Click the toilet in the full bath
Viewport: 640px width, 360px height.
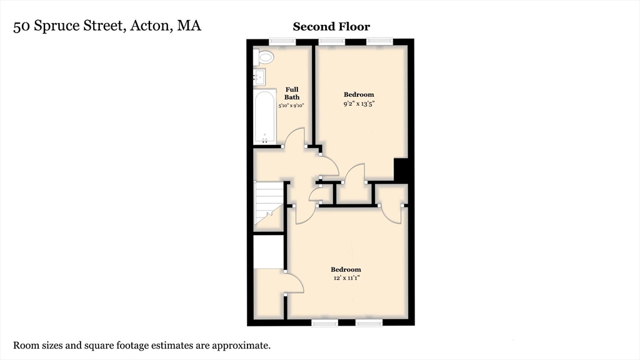click(264, 58)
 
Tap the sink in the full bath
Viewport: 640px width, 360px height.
click(261, 77)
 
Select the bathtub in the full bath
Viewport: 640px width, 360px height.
click(265, 117)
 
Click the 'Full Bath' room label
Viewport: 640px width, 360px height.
click(292, 93)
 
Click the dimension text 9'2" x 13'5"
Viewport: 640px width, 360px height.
click(359, 104)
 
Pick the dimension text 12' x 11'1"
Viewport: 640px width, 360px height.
click(346, 279)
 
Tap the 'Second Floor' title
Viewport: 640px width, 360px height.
click(331, 27)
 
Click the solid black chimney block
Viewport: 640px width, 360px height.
click(401, 170)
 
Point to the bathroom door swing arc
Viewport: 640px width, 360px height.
click(294, 134)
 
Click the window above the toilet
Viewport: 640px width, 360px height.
click(282, 42)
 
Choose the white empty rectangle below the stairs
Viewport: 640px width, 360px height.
click(269, 251)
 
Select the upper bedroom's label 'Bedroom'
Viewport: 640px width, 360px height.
click(359, 94)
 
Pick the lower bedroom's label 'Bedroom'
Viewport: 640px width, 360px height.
click(346, 269)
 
